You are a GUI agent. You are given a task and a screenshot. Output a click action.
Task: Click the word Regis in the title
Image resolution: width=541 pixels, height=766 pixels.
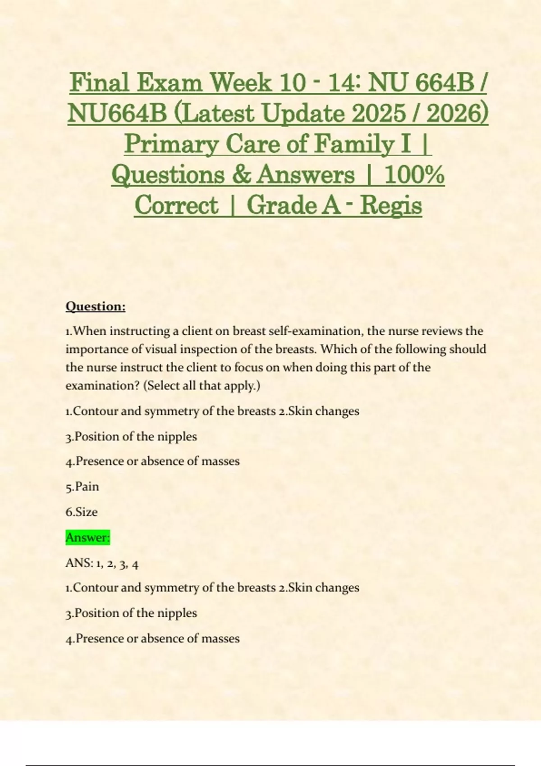coord(391,205)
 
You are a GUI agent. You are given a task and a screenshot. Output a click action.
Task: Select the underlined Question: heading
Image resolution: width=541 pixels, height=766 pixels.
coord(96,306)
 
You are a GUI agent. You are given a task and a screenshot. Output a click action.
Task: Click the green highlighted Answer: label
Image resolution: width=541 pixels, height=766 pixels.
coord(88,538)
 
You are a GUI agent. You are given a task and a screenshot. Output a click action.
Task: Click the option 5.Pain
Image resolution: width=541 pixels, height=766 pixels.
coord(83,487)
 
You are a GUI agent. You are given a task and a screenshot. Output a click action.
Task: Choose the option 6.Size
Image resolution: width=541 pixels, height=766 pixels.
coord(82,512)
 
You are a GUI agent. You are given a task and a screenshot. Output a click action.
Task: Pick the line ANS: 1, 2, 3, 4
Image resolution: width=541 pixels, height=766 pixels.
coord(102,563)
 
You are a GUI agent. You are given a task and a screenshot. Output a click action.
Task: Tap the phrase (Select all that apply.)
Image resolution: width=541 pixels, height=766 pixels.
coord(202,386)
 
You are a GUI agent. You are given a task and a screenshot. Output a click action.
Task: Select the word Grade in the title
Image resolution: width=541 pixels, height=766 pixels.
coord(281,205)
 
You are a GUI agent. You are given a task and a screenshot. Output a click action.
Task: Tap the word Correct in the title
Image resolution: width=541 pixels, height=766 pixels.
coord(176,205)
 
